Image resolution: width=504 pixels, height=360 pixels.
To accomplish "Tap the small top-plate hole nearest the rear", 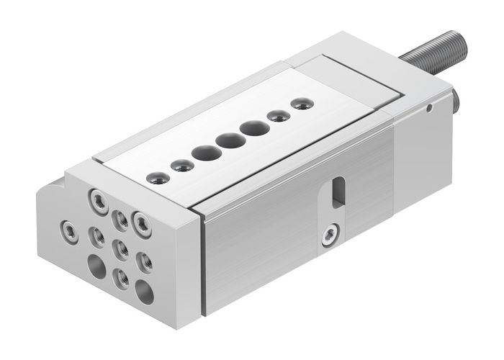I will tap(298, 104).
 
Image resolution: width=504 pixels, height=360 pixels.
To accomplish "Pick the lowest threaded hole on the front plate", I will tap(121, 277).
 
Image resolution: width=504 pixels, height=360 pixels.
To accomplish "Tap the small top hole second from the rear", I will tap(276, 116).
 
